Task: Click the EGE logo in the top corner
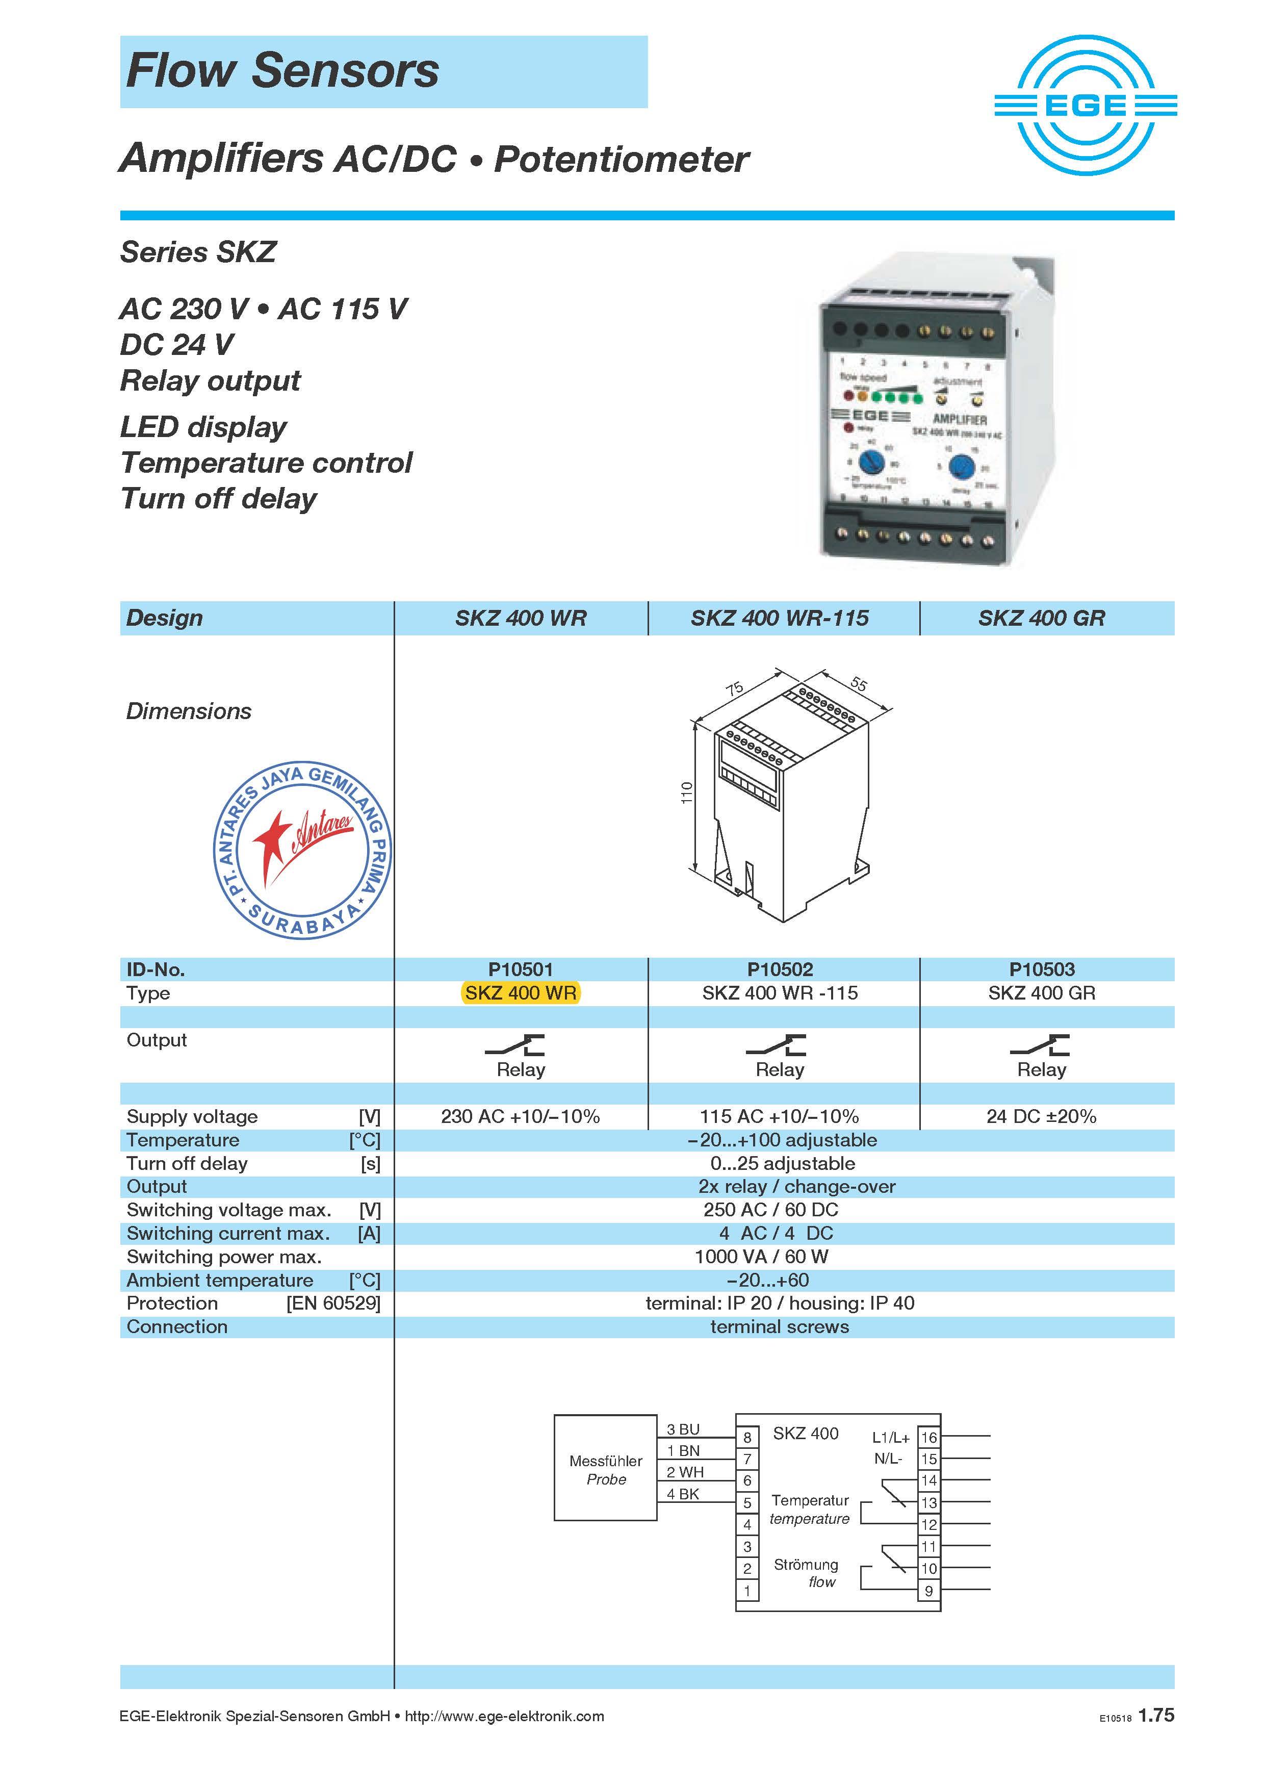[x=1085, y=105]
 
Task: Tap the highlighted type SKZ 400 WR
[x=521, y=993]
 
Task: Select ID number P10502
[x=780, y=969]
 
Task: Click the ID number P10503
[x=1042, y=969]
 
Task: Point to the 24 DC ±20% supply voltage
[x=1042, y=1116]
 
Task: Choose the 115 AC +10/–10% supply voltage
[x=779, y=1116]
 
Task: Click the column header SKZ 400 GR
[x=1042, y=618]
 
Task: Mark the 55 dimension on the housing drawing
[x=859, y=683]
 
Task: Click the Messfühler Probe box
[x=605, y=1468]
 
